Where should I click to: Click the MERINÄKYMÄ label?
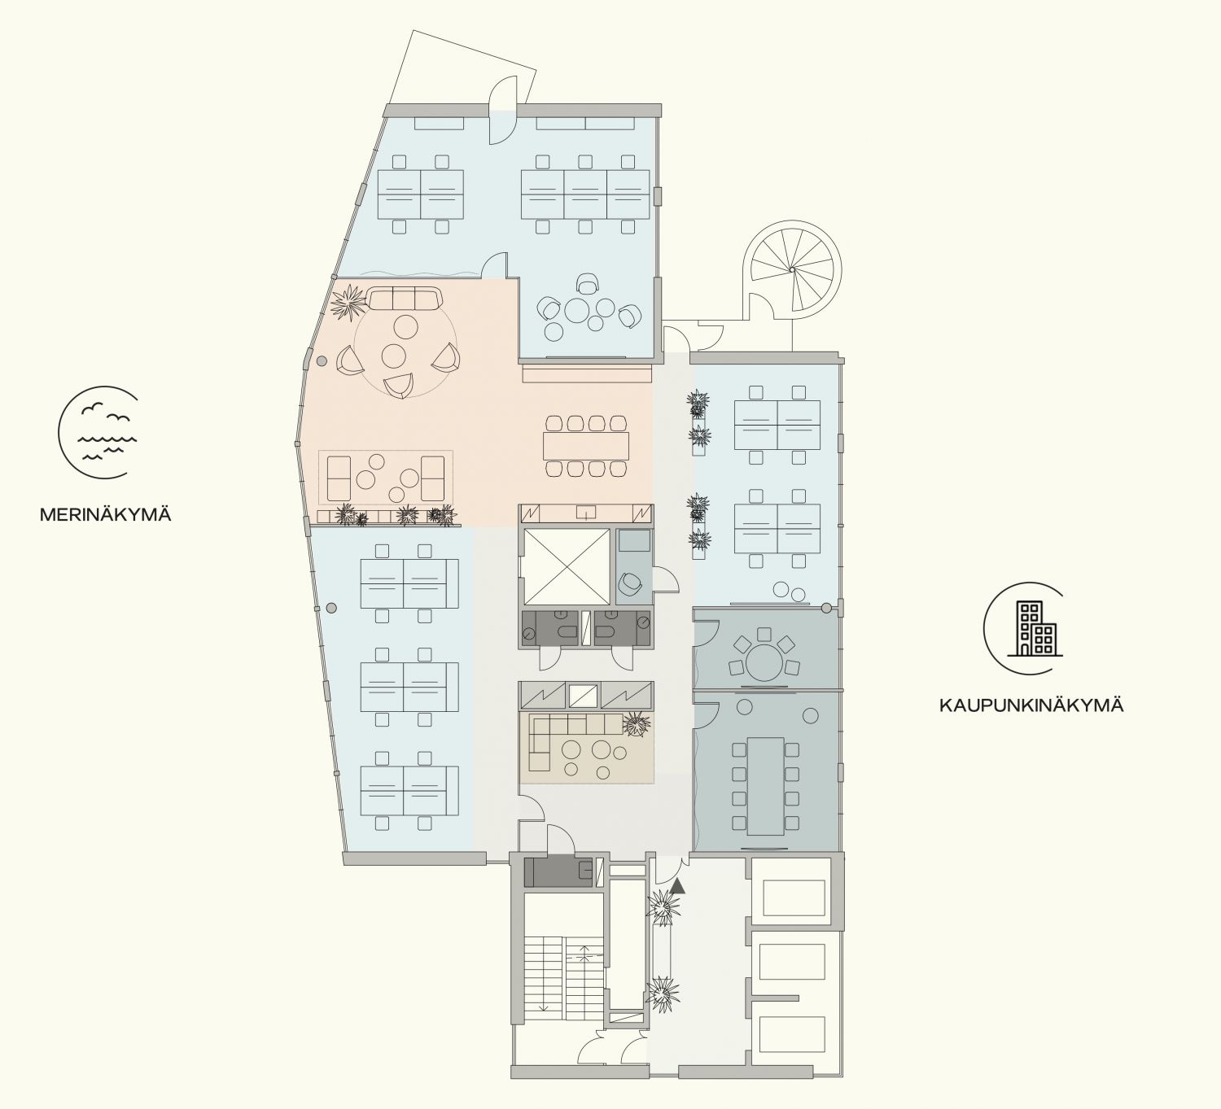click(105, 515)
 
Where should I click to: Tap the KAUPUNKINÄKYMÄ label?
click(1031, 706)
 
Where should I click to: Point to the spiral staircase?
click(791, 269)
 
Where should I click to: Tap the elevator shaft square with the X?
click(567, 567)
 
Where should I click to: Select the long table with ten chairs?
click(765, 787)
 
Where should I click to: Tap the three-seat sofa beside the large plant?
click(403, 298)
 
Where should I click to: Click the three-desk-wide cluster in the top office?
click(585, 194)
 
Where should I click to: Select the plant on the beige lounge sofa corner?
click(636, 723)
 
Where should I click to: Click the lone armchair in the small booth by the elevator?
click(631, 585)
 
